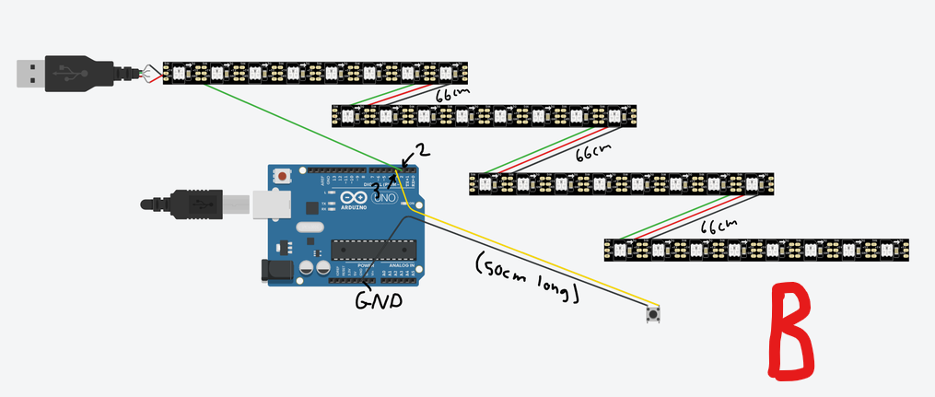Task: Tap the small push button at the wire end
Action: click(x=654, y=315)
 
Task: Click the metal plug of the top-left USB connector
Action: click(x=30, y=74)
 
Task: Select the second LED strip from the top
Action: click(x=484, y=115)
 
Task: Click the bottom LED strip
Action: click(x=755, y=250)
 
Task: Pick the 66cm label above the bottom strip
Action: click(x=719, y=225)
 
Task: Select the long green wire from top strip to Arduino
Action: click(x=295, y=124)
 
